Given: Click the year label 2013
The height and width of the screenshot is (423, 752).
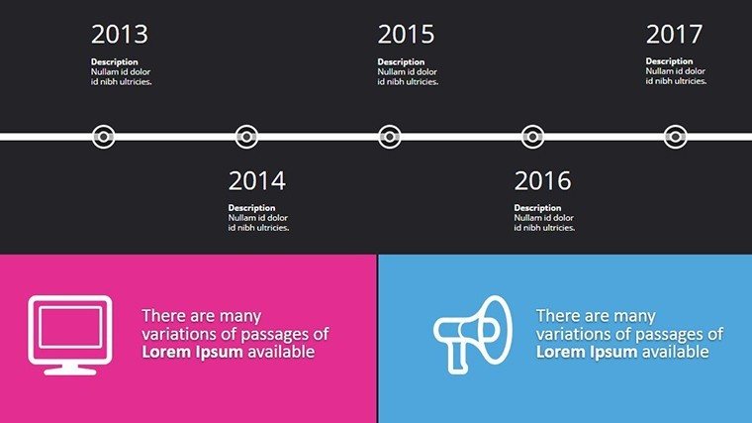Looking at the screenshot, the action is (120, 34).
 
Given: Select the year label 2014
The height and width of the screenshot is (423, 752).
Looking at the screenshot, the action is (256, 181).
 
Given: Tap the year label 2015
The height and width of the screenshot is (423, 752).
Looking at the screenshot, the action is (406, 34).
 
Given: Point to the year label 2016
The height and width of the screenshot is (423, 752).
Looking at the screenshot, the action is (542, 181).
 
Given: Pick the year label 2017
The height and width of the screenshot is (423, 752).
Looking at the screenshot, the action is (674, 34).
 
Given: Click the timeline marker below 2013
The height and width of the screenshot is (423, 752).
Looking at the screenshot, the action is (103, 137).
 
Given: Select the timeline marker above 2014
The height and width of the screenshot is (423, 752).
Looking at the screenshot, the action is (246, 137).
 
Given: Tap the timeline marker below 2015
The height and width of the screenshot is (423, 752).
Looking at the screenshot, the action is (390, 137).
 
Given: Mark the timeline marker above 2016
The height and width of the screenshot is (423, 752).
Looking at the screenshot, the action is (532, 137).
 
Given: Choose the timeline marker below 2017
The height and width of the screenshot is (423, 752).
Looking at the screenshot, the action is (675, 137).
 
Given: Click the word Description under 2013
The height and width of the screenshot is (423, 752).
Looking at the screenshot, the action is (114, 62).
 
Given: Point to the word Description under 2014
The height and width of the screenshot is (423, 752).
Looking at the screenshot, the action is (251, 208).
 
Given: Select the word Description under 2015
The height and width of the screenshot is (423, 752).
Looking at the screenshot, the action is (401, 62).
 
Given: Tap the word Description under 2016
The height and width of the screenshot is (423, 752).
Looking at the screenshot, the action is (537, 208).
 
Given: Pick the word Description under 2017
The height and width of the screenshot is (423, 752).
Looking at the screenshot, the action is (669, 61).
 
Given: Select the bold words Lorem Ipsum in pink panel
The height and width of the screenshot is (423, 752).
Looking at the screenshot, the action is (192, 352).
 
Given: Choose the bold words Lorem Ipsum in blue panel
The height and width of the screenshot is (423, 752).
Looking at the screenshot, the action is (587, 352).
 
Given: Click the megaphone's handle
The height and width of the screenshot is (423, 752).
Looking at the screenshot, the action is (457, 357).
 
